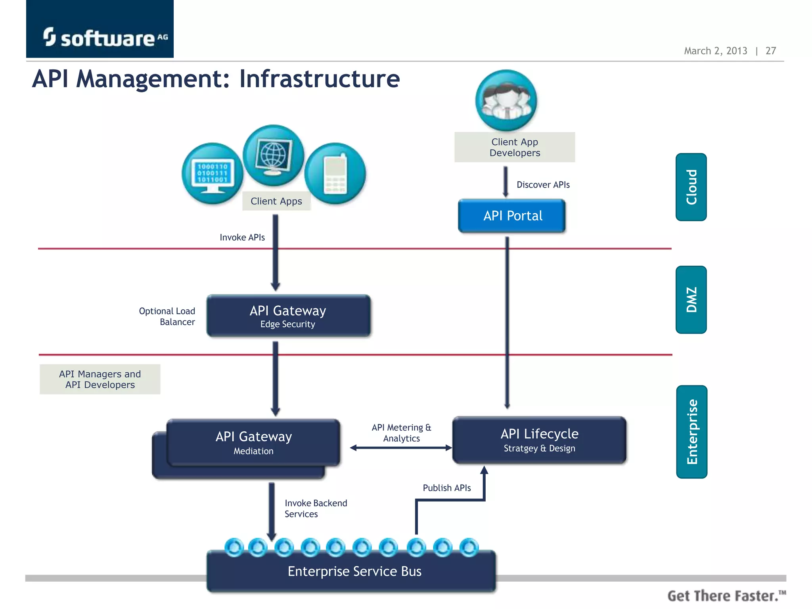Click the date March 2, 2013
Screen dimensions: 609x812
715,51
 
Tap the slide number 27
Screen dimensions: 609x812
770,51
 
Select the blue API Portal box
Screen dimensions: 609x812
512,216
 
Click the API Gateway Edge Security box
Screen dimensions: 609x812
288,316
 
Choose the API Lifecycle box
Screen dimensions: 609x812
539,440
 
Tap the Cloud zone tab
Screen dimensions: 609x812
691,187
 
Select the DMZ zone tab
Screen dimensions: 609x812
691,300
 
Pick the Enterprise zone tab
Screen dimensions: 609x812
692,432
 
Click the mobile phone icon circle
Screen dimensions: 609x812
335,174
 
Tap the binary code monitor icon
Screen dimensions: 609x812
212,174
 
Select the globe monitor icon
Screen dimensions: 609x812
273,155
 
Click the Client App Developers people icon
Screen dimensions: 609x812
506,100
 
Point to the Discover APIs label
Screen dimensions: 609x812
543,185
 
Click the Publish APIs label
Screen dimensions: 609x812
446,488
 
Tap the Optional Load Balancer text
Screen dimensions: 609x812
167,316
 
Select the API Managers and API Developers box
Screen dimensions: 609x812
100,379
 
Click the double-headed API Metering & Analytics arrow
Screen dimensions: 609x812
400,448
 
